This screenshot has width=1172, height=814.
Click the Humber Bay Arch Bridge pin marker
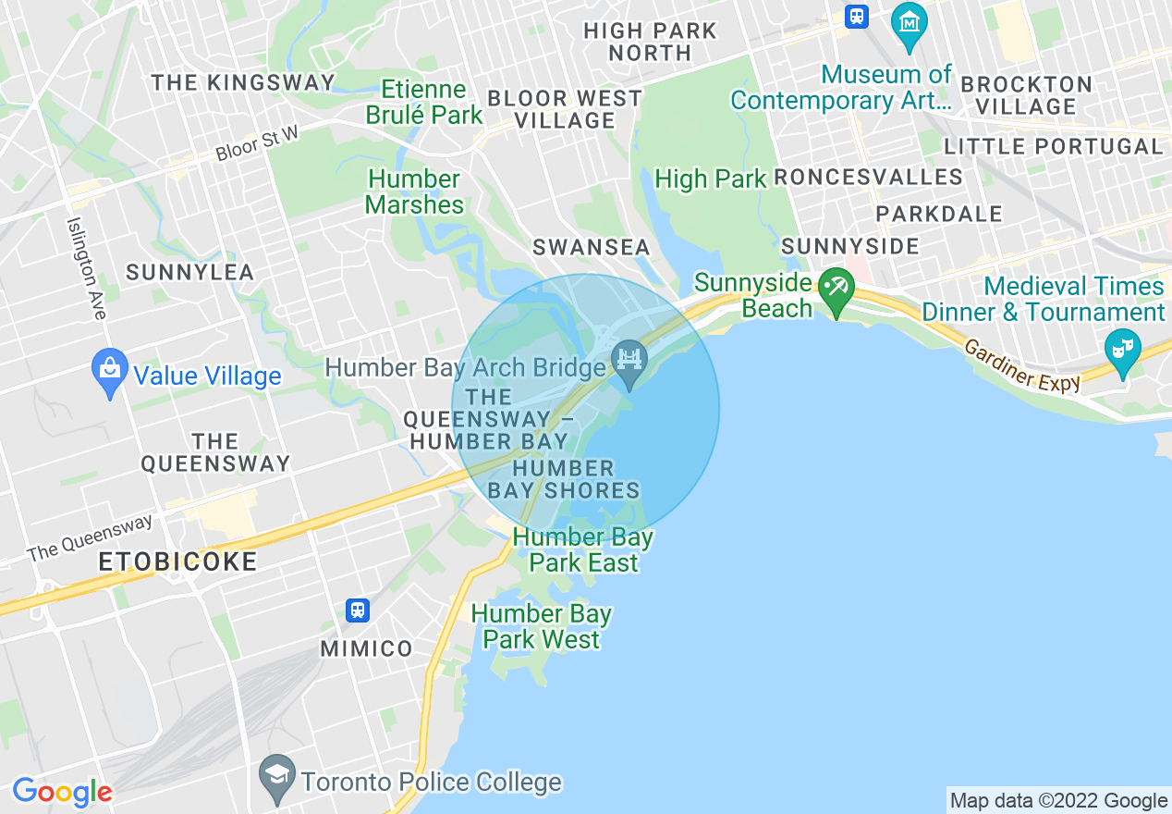pos(629,358)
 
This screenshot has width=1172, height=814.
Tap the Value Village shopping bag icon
pos(110,370)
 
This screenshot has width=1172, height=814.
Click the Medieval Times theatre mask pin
pos(1123,350)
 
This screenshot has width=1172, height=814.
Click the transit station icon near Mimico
pos(358,610)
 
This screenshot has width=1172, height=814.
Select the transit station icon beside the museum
pos(857,16)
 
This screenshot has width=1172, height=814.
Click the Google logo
pos(62,792)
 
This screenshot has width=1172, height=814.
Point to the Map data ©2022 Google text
pos(1059,800)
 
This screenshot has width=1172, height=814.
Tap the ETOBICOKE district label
pos(177,561)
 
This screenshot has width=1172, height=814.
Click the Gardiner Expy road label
pos(1021,365)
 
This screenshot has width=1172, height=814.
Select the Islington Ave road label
pos(86,268)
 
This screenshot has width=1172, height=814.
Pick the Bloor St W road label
pos(257,144)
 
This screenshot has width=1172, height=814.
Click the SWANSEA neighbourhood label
pos(591,248)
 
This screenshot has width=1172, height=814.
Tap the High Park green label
pos(710,179)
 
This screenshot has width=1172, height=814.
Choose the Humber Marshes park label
pos(414,191)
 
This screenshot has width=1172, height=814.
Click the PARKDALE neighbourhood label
pos(938,214)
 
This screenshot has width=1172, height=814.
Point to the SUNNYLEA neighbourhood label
pos(189,272)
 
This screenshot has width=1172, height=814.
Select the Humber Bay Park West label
pos(541,626)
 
